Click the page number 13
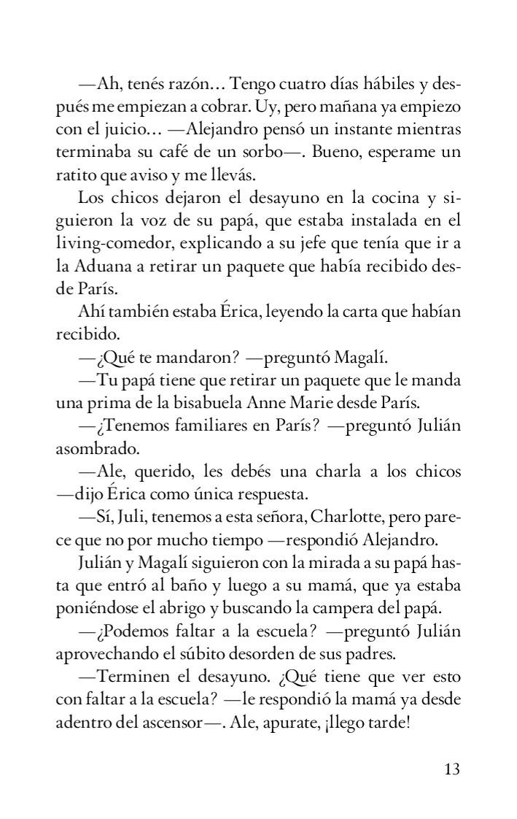tap(451, 769)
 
